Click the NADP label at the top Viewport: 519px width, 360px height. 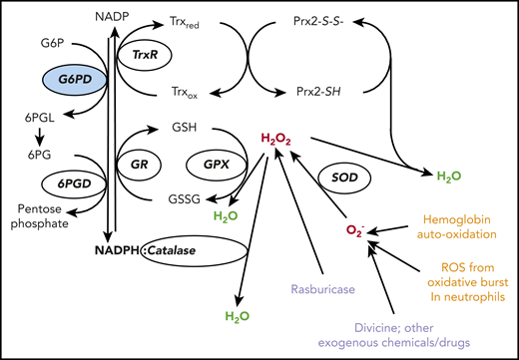(112, 18)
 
